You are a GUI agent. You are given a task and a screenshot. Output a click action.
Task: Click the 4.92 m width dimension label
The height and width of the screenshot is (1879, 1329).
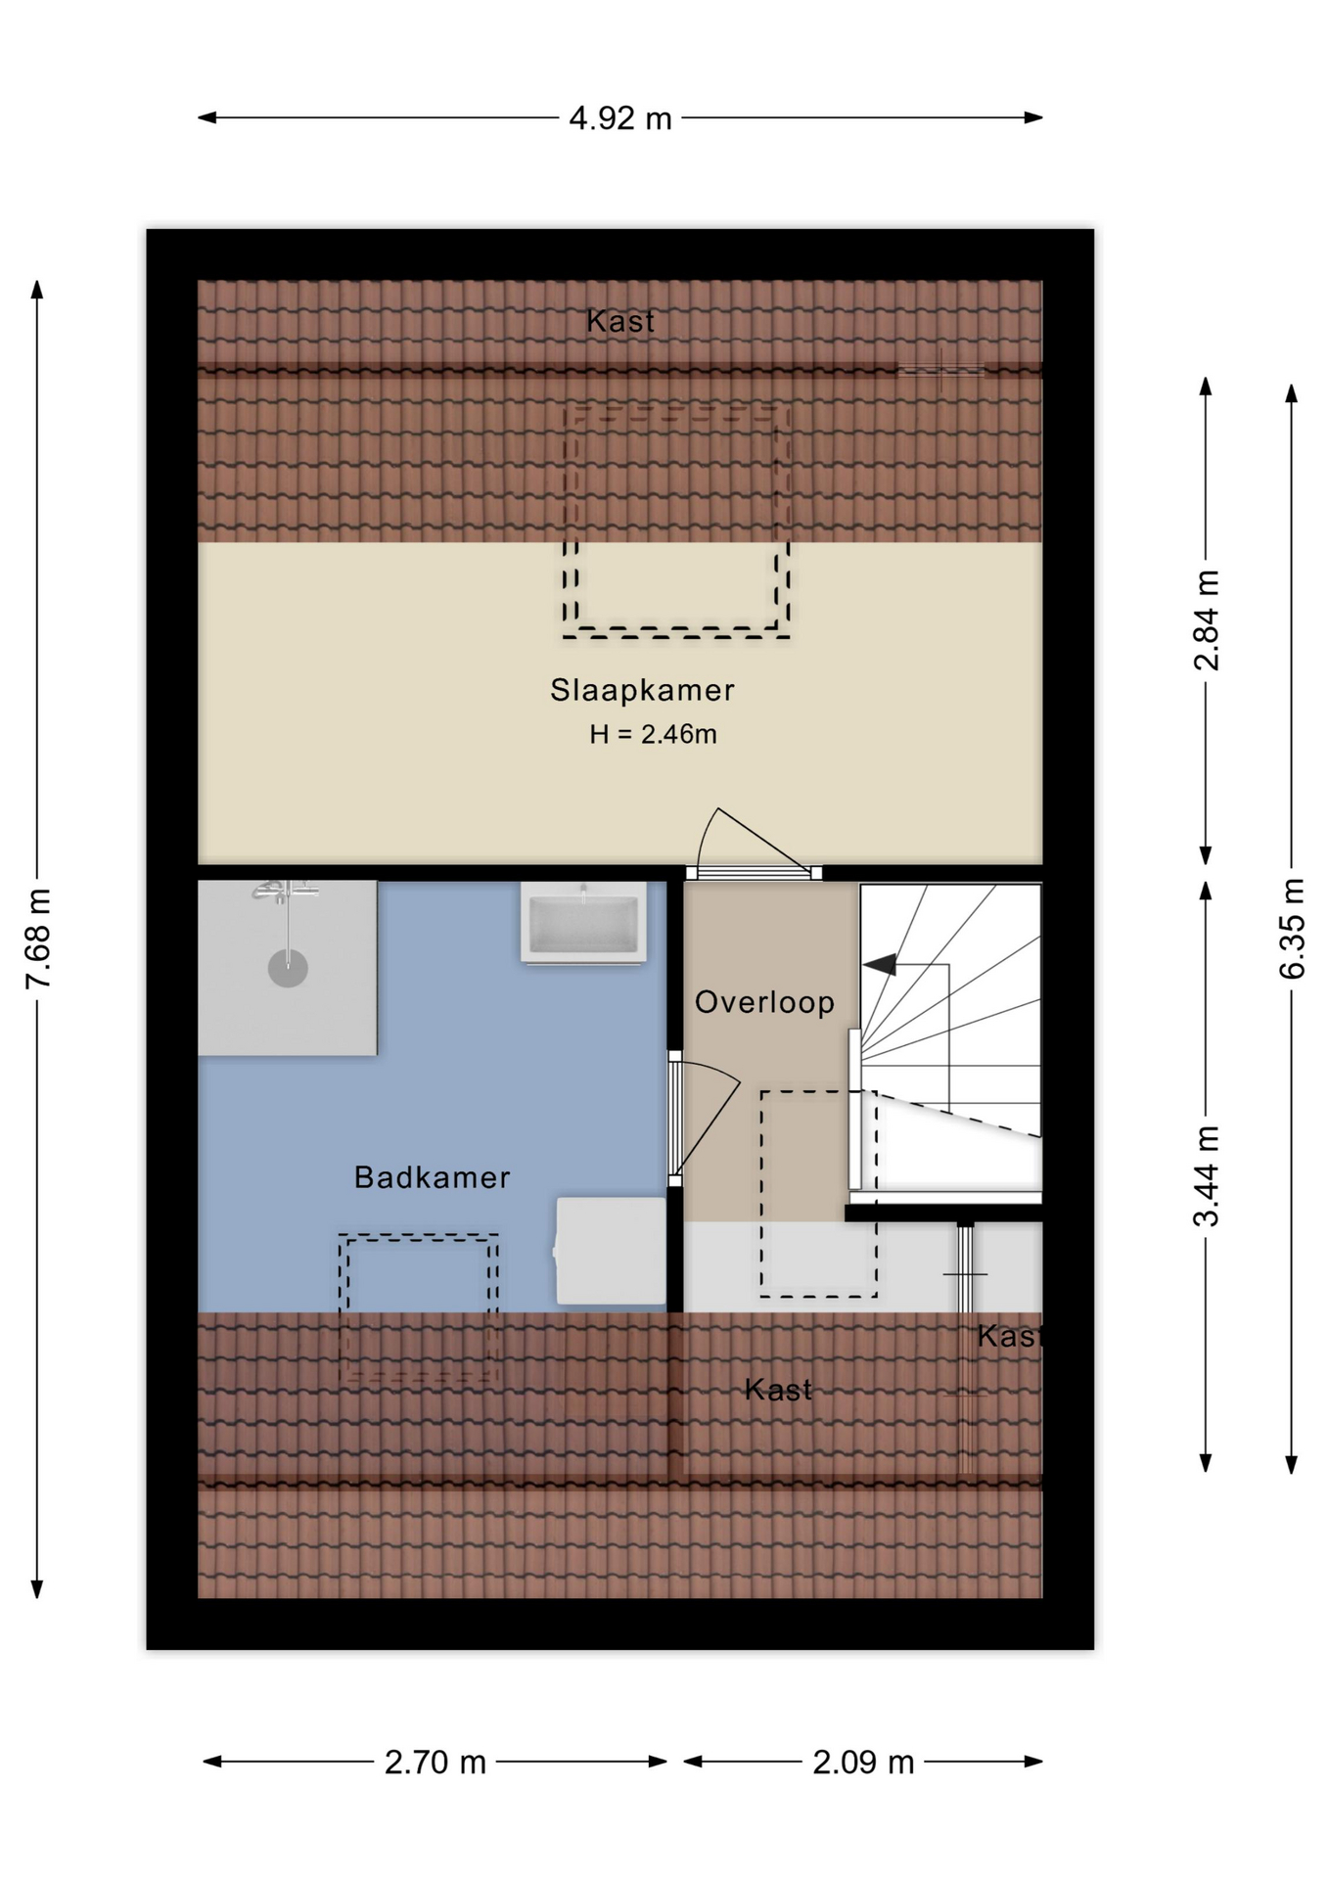(620, 118)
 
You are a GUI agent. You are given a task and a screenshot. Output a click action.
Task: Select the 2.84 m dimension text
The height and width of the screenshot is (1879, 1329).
(1207, 619)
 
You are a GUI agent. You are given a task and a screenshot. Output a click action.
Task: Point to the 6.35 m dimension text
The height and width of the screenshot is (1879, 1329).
(1292, 928)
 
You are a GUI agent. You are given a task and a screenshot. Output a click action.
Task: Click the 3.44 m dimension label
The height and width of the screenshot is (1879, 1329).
(1207, 1175)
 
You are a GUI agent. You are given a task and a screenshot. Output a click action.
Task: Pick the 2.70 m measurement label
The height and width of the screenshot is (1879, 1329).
(435, 1763)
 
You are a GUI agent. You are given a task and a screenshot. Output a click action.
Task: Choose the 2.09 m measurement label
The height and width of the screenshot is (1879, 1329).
(863, 1763)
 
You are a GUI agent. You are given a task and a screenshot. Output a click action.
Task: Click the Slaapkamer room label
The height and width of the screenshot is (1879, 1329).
(642, 690)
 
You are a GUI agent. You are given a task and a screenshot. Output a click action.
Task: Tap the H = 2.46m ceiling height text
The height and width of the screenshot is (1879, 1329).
(653, 734)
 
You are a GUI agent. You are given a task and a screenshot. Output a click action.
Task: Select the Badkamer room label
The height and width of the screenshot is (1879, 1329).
(432, 1177)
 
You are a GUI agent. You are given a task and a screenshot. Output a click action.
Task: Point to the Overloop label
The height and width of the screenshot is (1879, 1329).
(764, 1002)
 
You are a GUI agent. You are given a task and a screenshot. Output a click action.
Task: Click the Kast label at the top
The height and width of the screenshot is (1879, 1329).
(620, 321)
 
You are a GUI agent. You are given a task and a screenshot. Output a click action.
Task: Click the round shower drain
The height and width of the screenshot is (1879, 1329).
(288, 969)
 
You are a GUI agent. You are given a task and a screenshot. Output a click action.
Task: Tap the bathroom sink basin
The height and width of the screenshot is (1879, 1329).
(583, 923)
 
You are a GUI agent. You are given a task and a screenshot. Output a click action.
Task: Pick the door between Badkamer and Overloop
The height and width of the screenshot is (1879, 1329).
(703, 1118)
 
